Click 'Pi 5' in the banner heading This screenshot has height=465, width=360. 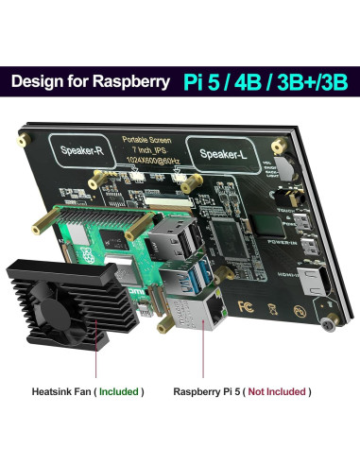[x=200, y=81]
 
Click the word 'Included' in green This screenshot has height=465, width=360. [x=122, y=390]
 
